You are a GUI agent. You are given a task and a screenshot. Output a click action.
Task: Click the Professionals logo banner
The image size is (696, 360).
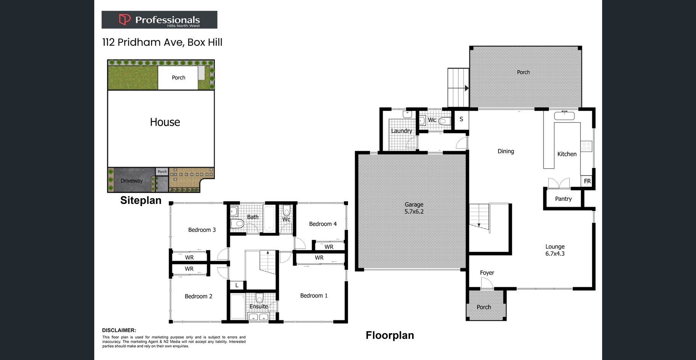(x=159, y=19)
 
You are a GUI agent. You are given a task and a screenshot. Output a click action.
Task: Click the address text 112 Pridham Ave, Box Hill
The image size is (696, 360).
(x=162, y=42)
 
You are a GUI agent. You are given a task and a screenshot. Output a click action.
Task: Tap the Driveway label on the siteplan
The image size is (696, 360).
(x=132, y=181)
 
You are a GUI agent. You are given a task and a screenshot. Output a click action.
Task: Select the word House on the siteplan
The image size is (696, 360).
(x=165, y=122)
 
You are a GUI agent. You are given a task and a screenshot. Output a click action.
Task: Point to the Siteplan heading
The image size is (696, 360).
(x=141, y=200)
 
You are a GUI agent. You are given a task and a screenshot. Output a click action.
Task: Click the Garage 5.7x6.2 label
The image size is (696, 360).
(x=414, y=208)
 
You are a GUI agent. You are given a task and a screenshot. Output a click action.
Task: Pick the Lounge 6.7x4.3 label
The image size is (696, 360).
(x=555, y=250)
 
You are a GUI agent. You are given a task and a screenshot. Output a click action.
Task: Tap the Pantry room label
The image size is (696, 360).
(x=563, y=199)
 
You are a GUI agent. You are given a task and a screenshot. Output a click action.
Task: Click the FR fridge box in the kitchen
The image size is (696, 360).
(x=587, y=181)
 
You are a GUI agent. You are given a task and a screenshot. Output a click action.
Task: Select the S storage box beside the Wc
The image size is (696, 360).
(x=461, y=119)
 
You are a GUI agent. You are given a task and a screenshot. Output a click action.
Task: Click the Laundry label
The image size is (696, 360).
(x=401, y=131)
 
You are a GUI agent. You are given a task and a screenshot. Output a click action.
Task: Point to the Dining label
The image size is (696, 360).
(x=506, y=151)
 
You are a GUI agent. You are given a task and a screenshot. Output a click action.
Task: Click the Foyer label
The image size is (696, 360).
(x=487, y=273)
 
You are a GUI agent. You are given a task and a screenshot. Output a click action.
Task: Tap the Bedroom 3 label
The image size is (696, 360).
(x=202, y=230)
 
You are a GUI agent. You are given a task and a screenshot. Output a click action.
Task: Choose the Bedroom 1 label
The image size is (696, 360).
(x=314, y=296)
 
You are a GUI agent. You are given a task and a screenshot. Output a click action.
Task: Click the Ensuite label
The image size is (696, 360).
(x=259, y=307)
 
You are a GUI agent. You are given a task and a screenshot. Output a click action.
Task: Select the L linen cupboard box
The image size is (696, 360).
(x=237, y=285)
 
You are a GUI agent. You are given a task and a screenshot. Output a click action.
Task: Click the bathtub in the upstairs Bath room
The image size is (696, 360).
(x=269, y=219)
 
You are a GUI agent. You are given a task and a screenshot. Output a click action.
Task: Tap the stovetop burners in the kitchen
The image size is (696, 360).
(x=586, y=146)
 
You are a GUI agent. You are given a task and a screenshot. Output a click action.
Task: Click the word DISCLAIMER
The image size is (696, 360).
(x=119, y=330)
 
